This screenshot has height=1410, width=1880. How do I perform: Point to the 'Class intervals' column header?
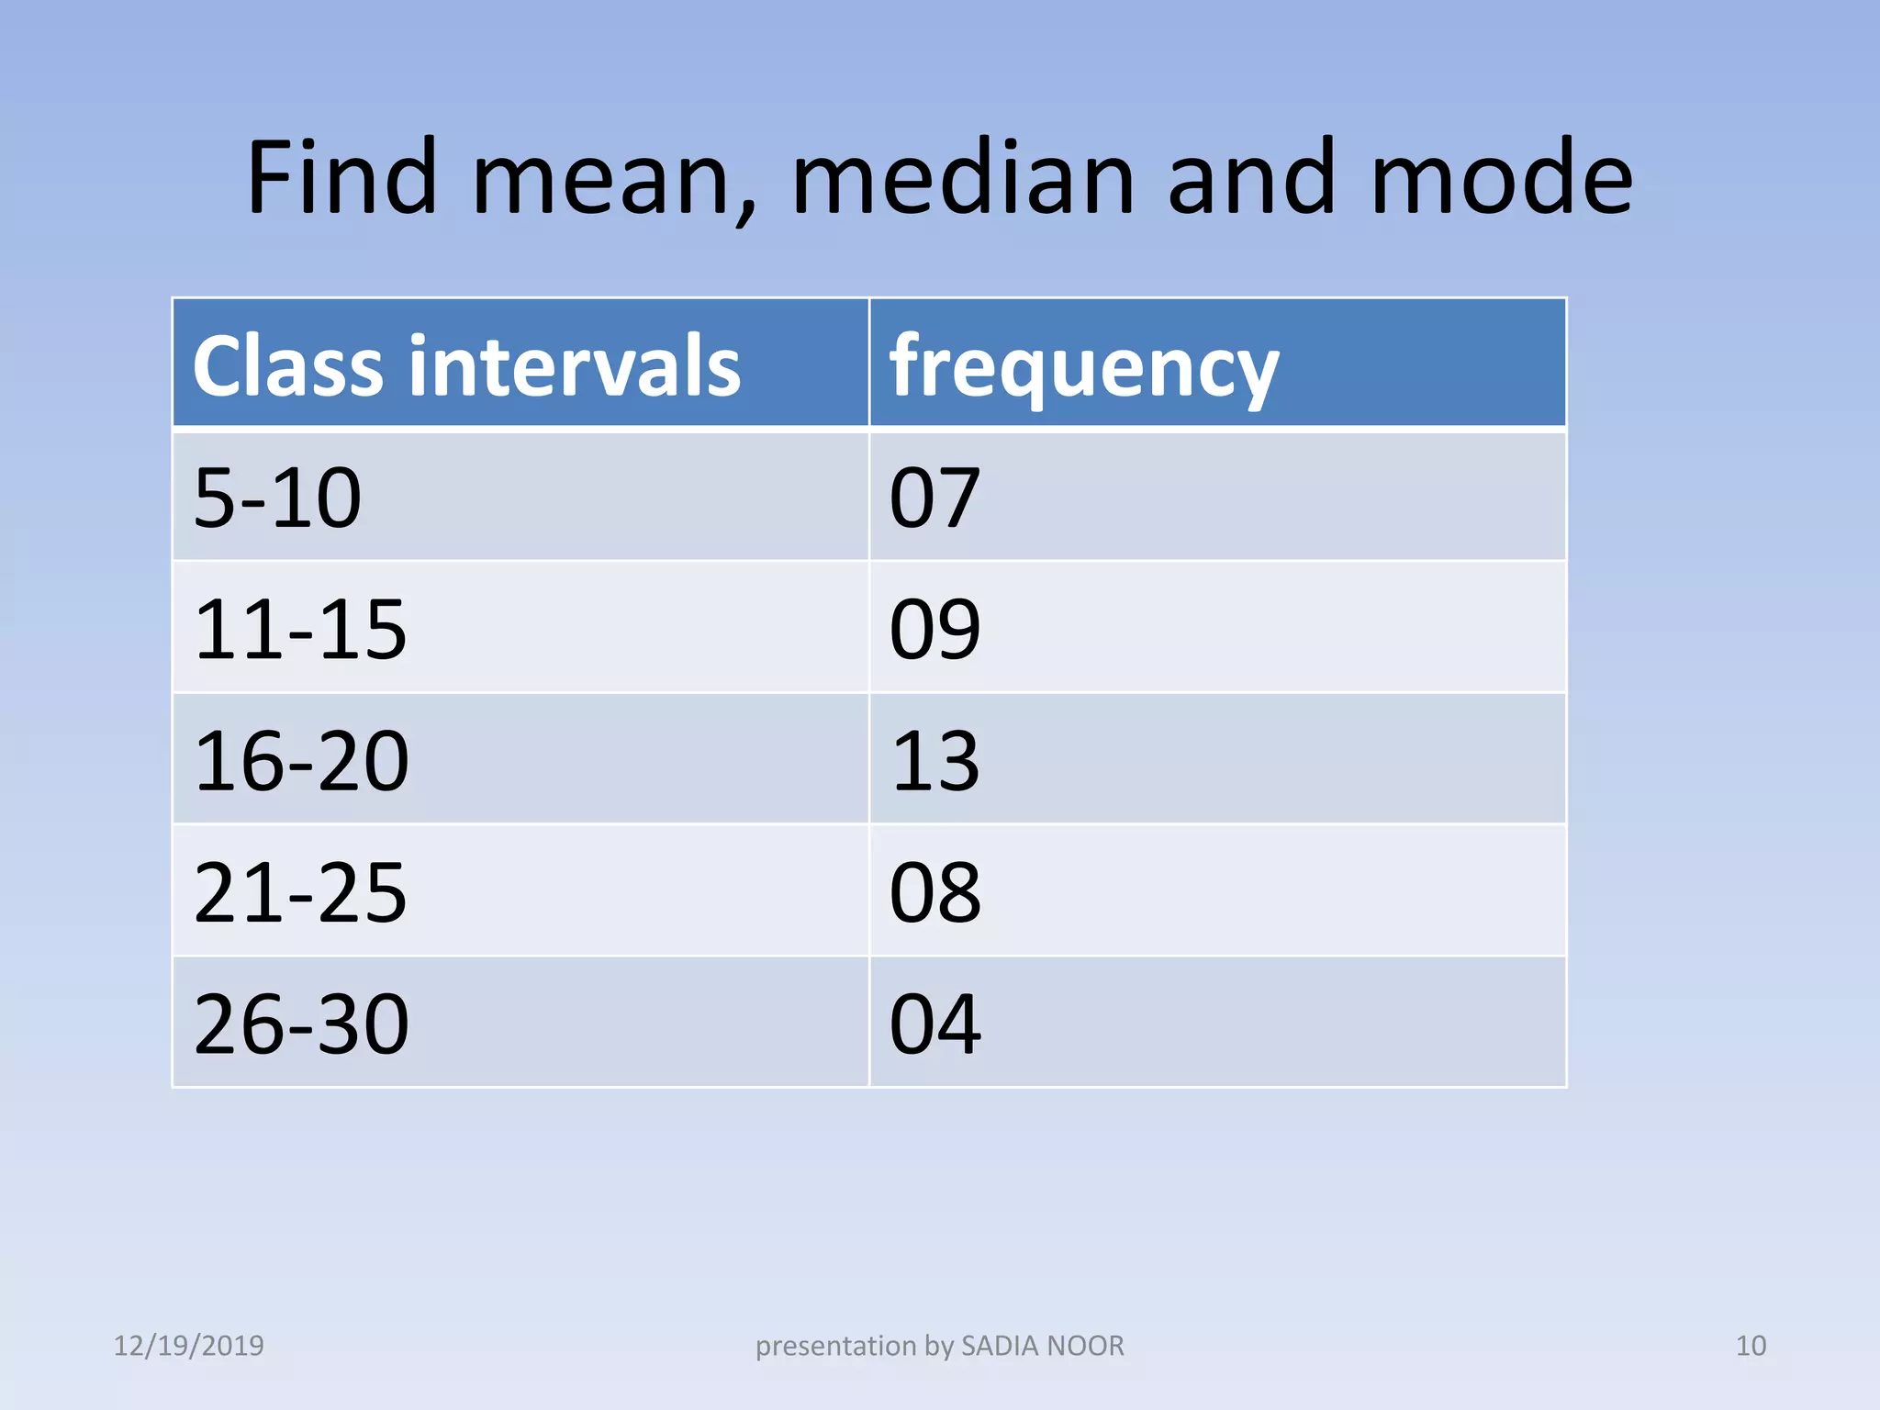click(x=466, y=365)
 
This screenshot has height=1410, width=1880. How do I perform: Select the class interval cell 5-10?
click(x=277, y=498)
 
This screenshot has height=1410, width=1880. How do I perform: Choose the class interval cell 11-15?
click(x=300, y=629)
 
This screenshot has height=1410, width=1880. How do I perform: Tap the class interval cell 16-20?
click(x=301, y=761)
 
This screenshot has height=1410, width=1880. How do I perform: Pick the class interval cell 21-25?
click(x=300, y=892)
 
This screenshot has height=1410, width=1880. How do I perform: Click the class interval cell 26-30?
click(x=301, y=1024)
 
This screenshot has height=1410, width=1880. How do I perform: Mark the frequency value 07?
click(x=934, y=498)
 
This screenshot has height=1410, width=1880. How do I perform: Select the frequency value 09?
click(x=934, y=629)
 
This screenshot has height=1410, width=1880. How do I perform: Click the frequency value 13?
click(x=934, y=761)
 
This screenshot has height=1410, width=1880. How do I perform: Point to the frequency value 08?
click(x=934, y=892)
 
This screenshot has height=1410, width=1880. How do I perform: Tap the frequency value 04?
click(x=934, y=1024)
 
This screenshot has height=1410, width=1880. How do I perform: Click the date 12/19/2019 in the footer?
click(x=188, y=1346)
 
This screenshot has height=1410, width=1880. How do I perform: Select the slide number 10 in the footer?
click(x=1751, y=1346)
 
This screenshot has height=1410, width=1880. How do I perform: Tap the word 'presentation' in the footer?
click(x=835, y=1347)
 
